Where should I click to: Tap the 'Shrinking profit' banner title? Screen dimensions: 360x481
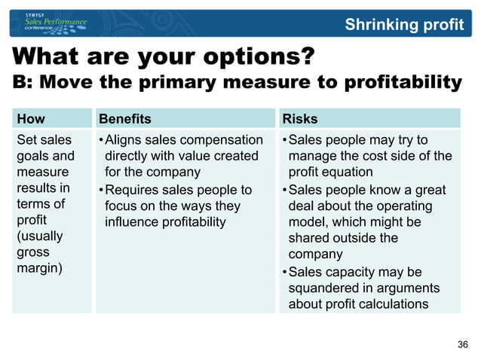pos(404,24)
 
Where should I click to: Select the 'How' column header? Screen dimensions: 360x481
pos(31,118)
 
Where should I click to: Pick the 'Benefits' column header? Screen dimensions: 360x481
pos(125,118)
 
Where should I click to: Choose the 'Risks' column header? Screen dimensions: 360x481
pos(299,118)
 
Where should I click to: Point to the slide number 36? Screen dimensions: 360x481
pos(463,344)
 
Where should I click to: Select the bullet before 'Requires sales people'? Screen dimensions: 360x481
pos(100,190)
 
